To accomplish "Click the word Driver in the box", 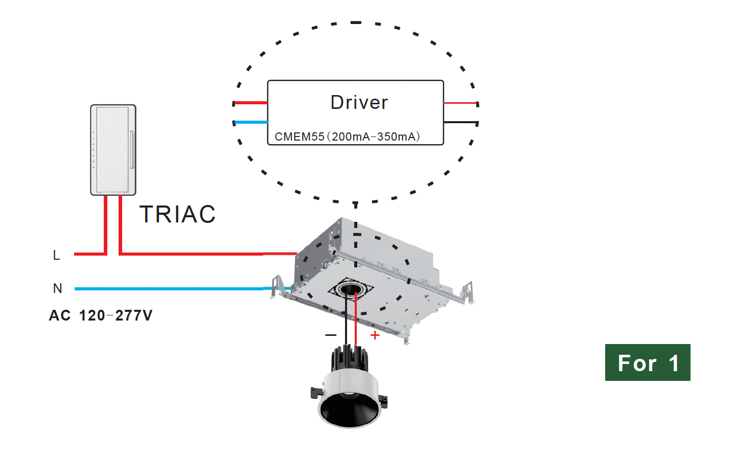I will [x=359, y=102].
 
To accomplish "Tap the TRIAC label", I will [x=177, y=214].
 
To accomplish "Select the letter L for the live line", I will [x=56, y=255].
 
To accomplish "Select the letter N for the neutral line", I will [x=57, y=288].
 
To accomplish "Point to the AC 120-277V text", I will [x=101, y=315].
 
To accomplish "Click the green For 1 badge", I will [x=647, y=362].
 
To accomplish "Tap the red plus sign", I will [x=375, y=335].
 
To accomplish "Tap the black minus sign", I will [x=331, y=335].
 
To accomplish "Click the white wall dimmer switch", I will [x=113, y=150].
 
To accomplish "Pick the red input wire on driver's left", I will [x=250, y=103].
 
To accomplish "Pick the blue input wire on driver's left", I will [x=250, y=122].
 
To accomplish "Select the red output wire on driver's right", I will [x=460, y=103].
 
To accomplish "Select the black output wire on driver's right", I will [x=460, y=122].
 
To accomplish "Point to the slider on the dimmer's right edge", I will [x=131, y=149].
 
